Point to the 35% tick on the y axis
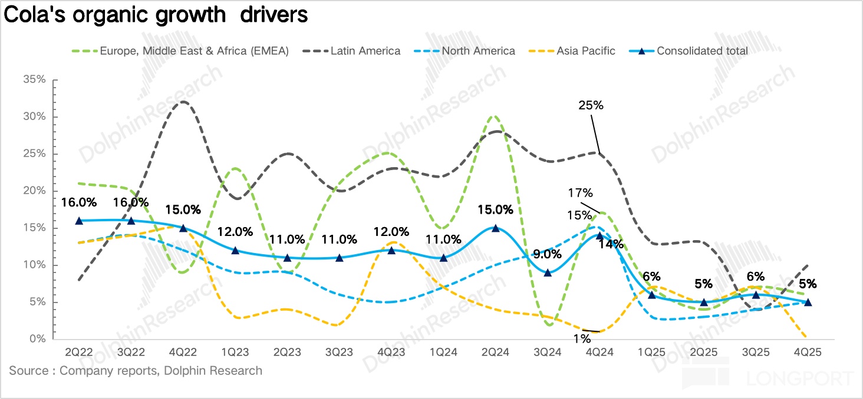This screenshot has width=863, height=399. point(34,79)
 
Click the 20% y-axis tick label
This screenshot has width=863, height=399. point(34,191)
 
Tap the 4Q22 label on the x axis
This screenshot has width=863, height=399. point(183,351)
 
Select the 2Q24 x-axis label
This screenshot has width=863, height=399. point(495,351)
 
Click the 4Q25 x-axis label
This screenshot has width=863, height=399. point(808,351)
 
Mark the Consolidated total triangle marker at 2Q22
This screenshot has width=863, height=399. point(79,221)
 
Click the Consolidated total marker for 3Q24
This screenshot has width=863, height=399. point(548,272)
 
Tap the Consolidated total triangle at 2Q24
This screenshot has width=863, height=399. point(495,228)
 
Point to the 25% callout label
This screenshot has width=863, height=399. point(591,105)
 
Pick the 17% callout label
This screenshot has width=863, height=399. point(581,192)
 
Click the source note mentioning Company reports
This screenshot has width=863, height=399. point(136,371)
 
